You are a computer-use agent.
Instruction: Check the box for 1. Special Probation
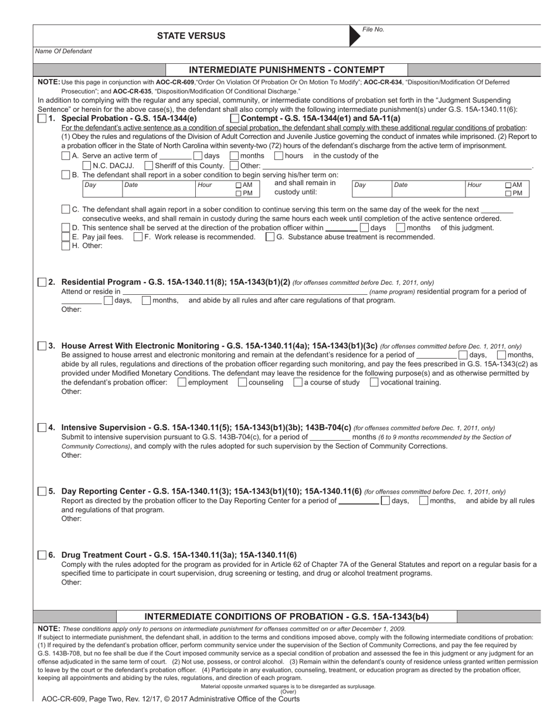click(x=42, y=118)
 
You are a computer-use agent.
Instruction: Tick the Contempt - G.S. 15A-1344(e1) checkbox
click(x=235, y=118)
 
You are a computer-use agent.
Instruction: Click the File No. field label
click(x=373, y=29)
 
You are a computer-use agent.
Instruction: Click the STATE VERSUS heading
click(x=191, y=36)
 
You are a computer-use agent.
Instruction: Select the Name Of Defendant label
click(x=63, y=51)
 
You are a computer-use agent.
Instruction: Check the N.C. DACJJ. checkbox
click(x=87, y=165)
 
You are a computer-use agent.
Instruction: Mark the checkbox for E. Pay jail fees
click(x=66, y=237)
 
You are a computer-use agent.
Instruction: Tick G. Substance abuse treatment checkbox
click(x=270, y=237)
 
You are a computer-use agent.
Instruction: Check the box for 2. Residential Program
click(x=42, y=283)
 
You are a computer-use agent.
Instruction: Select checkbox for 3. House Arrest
click(x=42, y=346)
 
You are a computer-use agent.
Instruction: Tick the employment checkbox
click(x=182, y=383)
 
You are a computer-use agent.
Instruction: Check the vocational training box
click(x=374, y=383)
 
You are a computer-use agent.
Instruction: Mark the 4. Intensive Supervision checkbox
click(x=42, y=428)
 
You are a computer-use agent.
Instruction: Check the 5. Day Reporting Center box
click(x=42, y=491)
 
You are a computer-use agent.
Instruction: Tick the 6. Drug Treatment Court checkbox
click(x=42, y=555)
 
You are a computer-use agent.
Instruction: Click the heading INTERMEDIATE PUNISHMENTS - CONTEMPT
click(x=287, y=70)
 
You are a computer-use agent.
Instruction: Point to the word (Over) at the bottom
click(x=288, y=692)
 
